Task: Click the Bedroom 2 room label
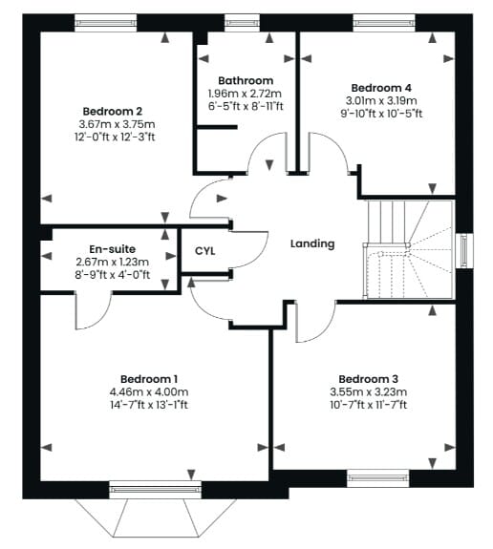click(113, 112)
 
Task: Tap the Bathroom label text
click(246, 80)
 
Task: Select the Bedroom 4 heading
click(381, 88)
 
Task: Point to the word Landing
click(312, 243)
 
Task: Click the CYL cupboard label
click(205, 251)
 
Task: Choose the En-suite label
click(112, 249)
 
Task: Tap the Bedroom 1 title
click(149, 379)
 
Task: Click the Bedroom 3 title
click(368, 379)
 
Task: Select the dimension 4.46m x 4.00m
click(149, 391)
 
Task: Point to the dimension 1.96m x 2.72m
click(245, 94)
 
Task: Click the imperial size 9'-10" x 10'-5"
click(381, 114)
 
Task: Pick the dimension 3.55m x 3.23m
click(368, 391)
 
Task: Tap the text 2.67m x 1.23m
click(112, 262)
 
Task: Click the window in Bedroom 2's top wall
click(105, 23)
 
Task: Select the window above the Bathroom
click(242, 23)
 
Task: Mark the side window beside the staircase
click(464, 251)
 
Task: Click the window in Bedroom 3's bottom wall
click(378, 478)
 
